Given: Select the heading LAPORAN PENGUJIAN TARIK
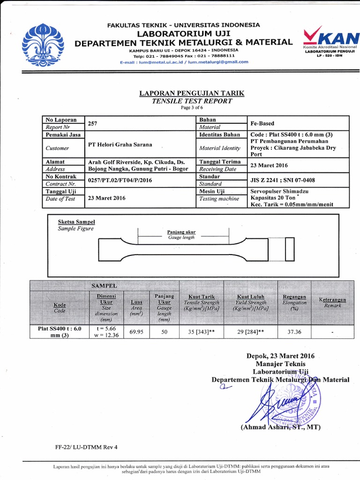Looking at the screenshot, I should pyautogui.click(x=192, y=93).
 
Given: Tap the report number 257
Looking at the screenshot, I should pyautogui.click(x=93, y=123).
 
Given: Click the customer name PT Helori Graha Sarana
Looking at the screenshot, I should pyautogui.click(x=119, y=144).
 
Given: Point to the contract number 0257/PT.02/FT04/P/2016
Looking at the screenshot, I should pyautogui.click(x=120, y=180).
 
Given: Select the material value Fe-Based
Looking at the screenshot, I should pyautogui.click(x=262, y=123).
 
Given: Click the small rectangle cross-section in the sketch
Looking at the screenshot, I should pyautogui.click(x=289, y=248).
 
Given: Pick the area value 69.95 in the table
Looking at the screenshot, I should pyautogui.click(x=136, y=331).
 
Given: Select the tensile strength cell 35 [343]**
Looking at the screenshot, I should pyautogui.click(x=201, y=331).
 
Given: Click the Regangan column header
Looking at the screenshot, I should pyautogui.click(x=294, y=297).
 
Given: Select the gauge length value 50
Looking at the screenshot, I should pyautogui.click(x=164, y=331).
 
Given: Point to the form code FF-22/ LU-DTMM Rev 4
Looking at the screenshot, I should pyautogui.click(x=86, y=447).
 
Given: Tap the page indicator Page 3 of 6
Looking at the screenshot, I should pyautogui.click(x=192, y=107).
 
